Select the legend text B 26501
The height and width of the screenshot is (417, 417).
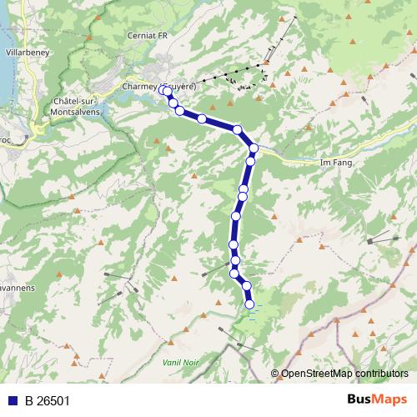[x=47, y=400]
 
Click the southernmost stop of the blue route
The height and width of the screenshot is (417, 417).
[x=249, y=304]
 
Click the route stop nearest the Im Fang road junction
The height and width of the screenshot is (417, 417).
[x=254, y=148]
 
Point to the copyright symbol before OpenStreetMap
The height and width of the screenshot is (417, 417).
[x=275, y=374]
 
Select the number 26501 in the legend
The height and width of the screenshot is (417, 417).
[x=53, y=400]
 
